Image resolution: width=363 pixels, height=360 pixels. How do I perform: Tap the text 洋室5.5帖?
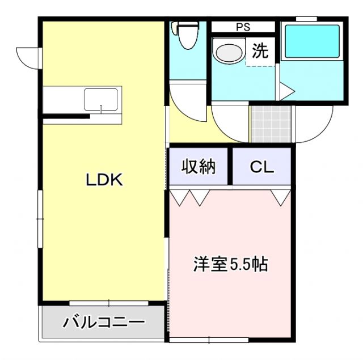(230, 264)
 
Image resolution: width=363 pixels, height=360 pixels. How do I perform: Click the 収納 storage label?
(199, 167)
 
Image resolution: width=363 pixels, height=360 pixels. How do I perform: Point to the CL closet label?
(262, 167)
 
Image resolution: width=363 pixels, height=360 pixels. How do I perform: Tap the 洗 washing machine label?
(260, 52)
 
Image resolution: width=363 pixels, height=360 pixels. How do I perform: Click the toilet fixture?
(185, 35)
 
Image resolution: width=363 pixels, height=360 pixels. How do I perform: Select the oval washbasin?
(229, 53)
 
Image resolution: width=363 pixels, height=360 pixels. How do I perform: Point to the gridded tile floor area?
(271, 124)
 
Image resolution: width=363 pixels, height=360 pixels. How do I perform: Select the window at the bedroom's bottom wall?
(209, 340)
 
